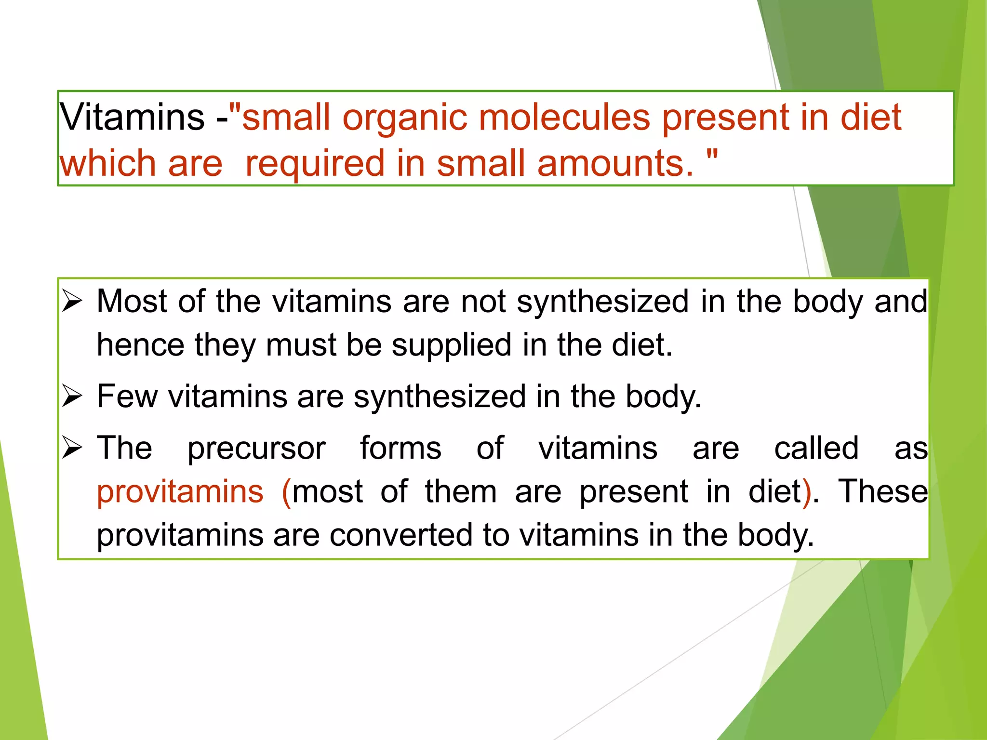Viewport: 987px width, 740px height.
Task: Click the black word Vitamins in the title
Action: pos(132,117)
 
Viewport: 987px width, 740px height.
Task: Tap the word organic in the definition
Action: pos(405,118)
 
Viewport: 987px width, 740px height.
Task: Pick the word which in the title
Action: pos(107,163)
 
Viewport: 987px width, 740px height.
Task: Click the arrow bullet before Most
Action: pos(72,302)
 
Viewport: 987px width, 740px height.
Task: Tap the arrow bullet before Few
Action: pos(72,396)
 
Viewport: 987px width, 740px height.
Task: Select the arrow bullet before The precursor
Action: pos(72,448)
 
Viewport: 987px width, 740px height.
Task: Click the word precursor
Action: pos(256,449)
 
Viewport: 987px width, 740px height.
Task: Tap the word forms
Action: pos(400,448)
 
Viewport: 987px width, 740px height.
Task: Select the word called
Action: pos(816,448)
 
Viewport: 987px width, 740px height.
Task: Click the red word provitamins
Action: pos(180,492)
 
